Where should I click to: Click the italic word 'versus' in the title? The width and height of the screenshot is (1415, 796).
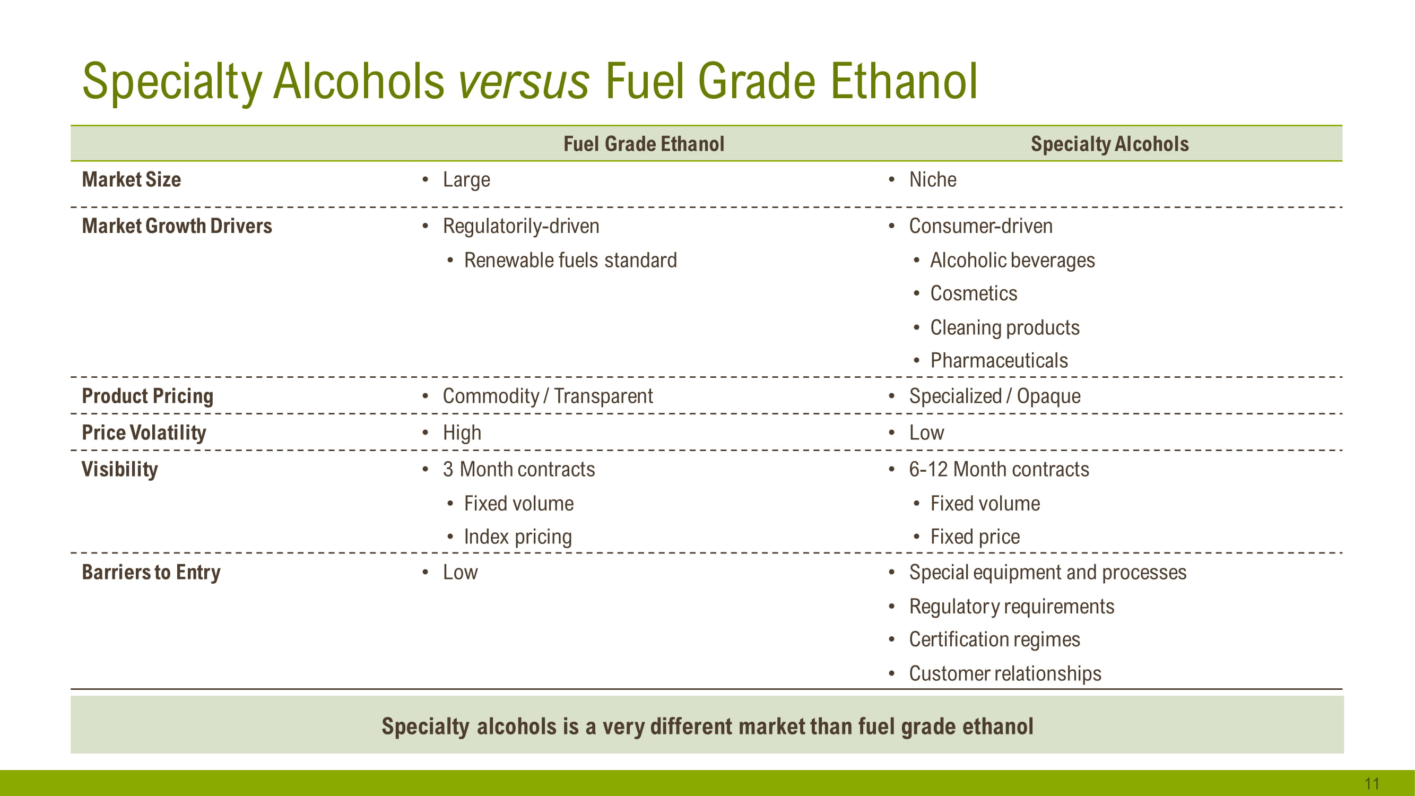pos(524,81)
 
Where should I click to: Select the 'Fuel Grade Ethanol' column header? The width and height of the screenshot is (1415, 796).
pos(644,144)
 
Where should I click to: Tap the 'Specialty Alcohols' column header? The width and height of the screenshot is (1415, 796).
pos(1109,144)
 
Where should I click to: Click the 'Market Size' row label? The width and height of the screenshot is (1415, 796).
pos(131,180)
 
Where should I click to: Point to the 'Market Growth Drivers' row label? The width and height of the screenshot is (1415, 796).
pos(177,226)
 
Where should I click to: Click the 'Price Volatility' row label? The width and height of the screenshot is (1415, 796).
pos(144,433)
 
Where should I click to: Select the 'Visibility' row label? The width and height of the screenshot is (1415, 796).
pos(120,470)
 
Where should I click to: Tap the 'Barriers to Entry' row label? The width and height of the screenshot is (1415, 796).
pos(151,573)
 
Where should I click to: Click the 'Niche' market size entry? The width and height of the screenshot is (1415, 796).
pos(933,180)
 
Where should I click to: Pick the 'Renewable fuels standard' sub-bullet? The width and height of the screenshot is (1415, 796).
pos(570,261)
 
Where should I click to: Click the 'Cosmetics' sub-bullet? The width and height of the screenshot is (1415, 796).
pos(974,294)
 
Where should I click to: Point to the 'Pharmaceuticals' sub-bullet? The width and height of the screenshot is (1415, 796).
pos(999,361)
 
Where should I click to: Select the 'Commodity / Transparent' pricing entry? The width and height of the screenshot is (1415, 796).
pos(548,396)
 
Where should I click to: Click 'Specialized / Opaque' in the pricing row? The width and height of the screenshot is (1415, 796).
pos(995,396)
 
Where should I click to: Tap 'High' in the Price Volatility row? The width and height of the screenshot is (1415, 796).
pos(462,433)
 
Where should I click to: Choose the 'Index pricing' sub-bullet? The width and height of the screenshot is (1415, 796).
pos(518,537)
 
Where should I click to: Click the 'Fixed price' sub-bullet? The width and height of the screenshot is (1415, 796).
pos(975,537)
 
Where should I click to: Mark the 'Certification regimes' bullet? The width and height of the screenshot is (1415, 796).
pos(994,640)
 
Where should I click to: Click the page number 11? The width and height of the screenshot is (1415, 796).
pos(1371,783)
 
